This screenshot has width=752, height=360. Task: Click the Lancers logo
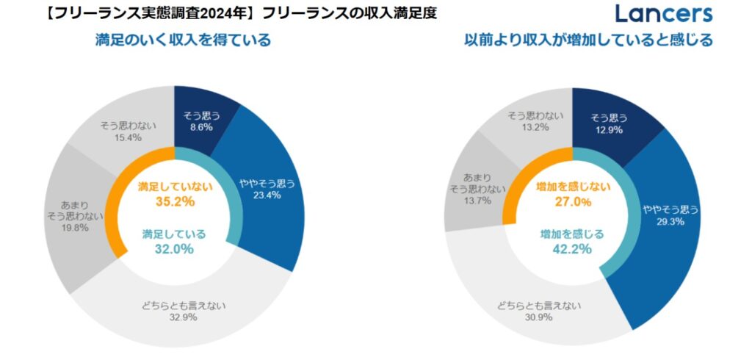tap(665, 13)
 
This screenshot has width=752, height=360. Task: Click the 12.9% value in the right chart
tap(597, 129)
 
